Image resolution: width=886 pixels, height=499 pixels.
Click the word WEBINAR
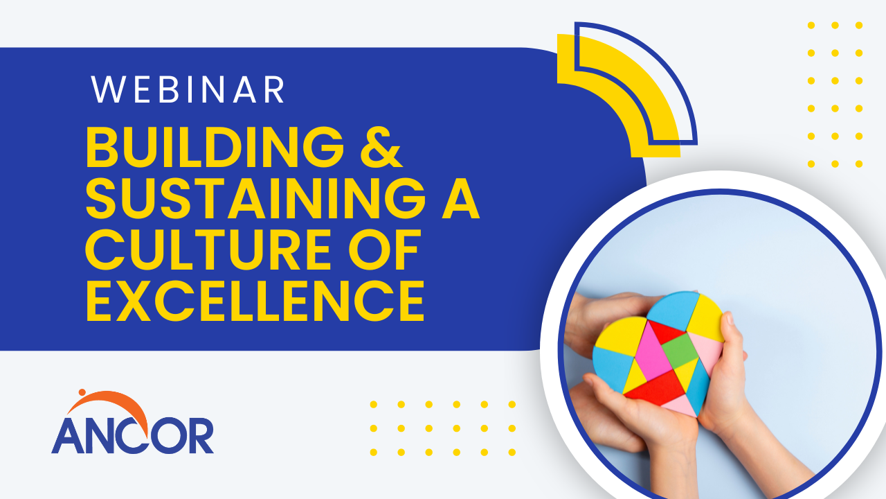188,90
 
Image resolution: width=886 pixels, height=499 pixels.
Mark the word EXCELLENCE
255,302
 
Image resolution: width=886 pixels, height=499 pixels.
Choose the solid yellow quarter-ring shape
624,90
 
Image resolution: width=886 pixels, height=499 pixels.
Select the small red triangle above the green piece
666,331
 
